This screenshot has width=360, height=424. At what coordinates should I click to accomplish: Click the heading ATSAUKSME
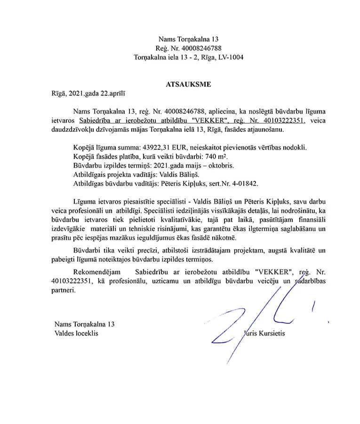click(188, 85)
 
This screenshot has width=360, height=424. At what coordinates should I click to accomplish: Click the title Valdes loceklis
click(77, 334)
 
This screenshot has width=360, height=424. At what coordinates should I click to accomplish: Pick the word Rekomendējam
click(97, 272)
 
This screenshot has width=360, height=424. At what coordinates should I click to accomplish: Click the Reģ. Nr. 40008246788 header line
click(188, 48)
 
